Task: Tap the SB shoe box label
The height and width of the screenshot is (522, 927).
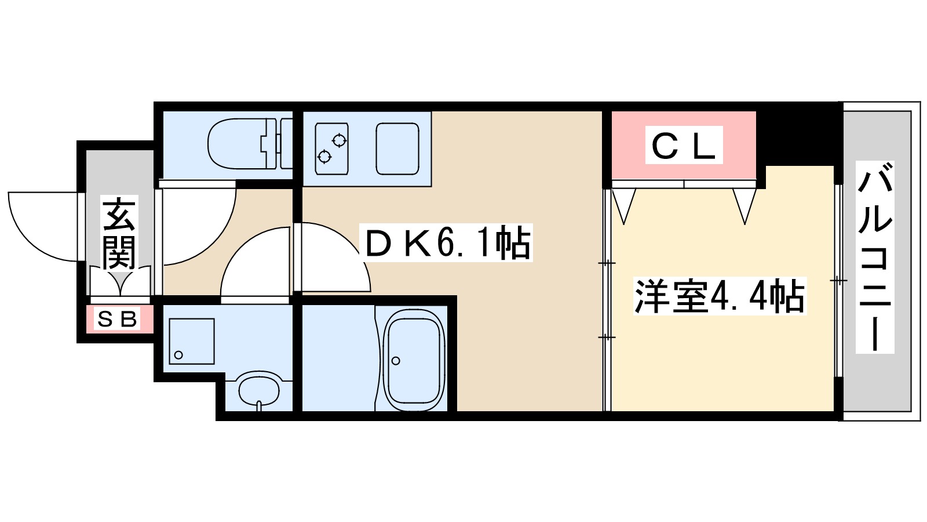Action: pos(118,319)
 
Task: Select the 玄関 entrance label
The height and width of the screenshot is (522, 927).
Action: pos(119,234)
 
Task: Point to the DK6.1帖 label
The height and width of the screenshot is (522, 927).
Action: pos(447,243)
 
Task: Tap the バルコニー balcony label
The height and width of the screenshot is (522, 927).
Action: pos(875,258)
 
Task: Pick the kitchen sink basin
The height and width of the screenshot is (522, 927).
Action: pos(397,148)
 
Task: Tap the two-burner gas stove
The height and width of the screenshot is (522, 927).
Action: pos(331,148)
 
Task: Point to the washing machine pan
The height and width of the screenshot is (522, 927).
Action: pos(192,341)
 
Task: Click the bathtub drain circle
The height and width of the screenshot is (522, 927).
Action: pos(396,361)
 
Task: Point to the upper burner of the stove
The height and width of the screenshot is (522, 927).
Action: pos(339,140)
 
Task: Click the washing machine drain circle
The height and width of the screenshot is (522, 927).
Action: pos(178,355)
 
